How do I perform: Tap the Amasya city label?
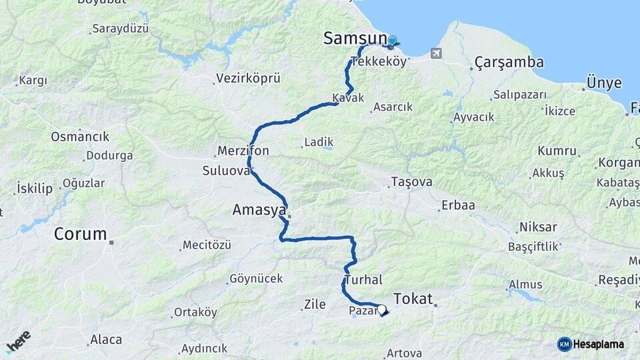[259, 210]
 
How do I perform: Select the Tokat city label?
[413, 298]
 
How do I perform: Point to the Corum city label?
[80, 234]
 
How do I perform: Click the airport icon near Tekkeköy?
[436, 53]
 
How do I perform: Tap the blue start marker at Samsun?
[392, 41]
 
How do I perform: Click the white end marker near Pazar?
[382, 309]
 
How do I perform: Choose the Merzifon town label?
[243, 151]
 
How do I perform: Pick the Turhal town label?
[363, 280]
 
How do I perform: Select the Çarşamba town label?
[509, 63]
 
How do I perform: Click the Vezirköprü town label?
[247, 79]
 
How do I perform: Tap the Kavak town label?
[348, 98]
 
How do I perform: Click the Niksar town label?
[537, 227]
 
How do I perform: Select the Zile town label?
[315, 305]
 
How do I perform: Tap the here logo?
[18, 341]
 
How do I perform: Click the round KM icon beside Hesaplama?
[564, 344]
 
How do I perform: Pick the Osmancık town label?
[79, 136]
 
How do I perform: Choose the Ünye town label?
[603, 83]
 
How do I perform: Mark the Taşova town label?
[411, 182]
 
